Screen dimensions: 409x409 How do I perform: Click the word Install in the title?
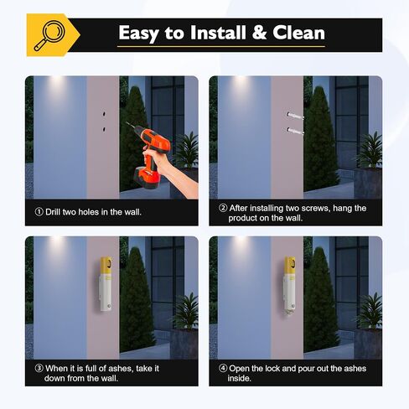click(x=219, y=33)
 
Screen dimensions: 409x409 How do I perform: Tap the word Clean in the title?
click(x=298, y=33)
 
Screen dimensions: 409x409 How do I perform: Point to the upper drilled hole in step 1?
click(x=104, y=114)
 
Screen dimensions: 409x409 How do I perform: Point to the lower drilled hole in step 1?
click(x=104, y=129)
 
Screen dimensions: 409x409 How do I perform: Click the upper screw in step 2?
click(x=295, y=116)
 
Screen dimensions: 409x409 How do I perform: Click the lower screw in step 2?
click(x=295, y=131)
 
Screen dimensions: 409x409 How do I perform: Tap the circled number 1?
click(x=39, y=212)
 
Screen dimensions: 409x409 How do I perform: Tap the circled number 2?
click(x=223, y=208)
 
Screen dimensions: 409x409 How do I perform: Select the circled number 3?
click(x=39, y=368)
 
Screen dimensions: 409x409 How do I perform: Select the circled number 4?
click(x=223, y=368)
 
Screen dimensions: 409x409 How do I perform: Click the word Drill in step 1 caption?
click(x=53, y=212)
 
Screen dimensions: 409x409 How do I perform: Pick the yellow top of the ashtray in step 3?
click(x=106, y=266)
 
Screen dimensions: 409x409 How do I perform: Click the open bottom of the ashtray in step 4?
click(x=289, y=311)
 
